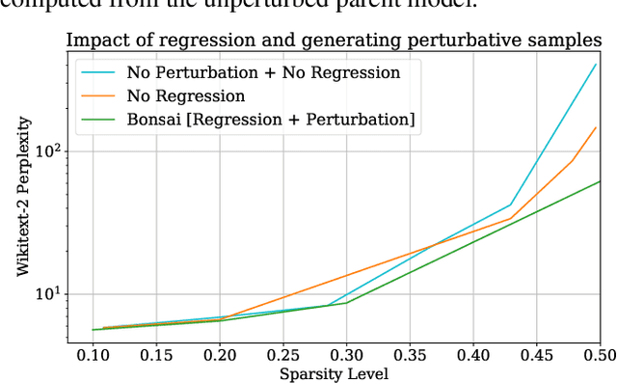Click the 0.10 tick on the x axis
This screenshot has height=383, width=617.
tap(94, 356)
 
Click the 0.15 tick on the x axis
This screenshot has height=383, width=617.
tap(157, 356)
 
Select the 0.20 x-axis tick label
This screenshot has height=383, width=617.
tap(221, 356)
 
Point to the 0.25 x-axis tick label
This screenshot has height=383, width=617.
tap(283, 356)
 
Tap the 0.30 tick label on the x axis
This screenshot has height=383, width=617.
tap(347, 356)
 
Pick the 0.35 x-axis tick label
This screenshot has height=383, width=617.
tap(410, 356)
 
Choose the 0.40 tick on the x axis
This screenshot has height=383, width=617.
tap(473, 356)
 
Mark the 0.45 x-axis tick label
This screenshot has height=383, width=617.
tap(536, 356)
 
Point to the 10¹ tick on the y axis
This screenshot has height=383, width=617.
tap(48, 293)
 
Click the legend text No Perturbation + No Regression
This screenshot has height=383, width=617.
tap(263, 72)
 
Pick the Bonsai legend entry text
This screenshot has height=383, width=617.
tap(271, 119)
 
